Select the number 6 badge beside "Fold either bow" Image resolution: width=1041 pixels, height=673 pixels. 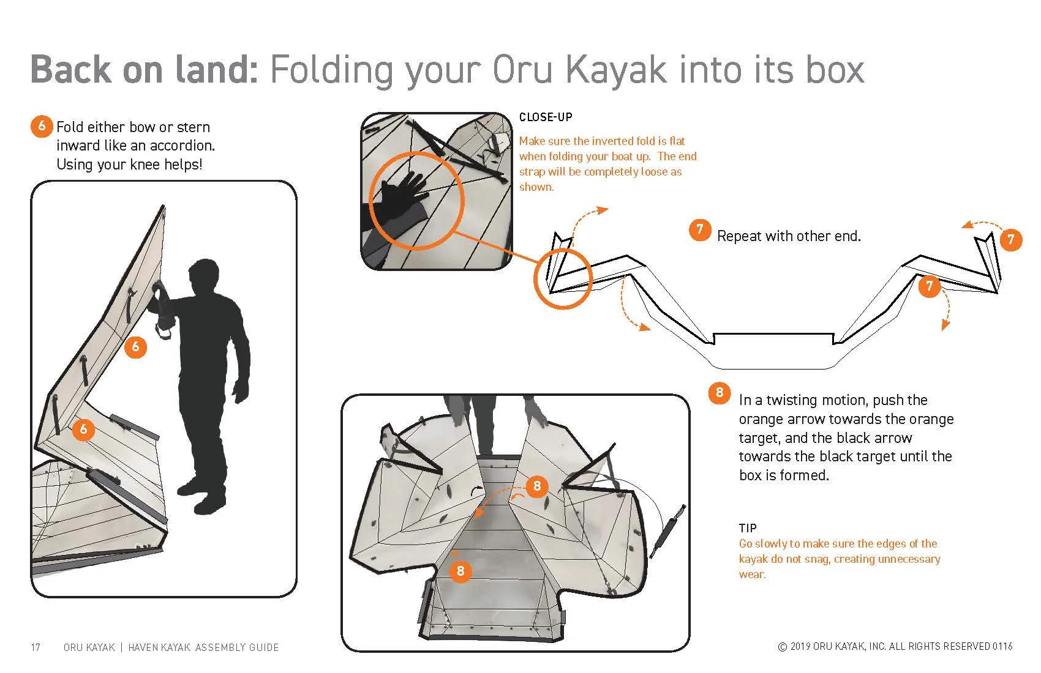point(42,126)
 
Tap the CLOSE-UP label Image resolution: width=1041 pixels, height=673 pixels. point(546,117)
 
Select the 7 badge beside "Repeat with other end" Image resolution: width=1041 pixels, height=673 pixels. point(700,230)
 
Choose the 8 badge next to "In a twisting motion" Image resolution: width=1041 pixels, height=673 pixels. point(720,393)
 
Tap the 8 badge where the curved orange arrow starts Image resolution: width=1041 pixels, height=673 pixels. point(537,486)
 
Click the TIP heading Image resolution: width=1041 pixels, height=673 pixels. point(748,528)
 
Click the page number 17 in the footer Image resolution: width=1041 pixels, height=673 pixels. point(36,647)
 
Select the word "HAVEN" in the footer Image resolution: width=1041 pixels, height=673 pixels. point(143,647)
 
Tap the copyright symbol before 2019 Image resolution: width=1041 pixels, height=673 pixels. point(783,647)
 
